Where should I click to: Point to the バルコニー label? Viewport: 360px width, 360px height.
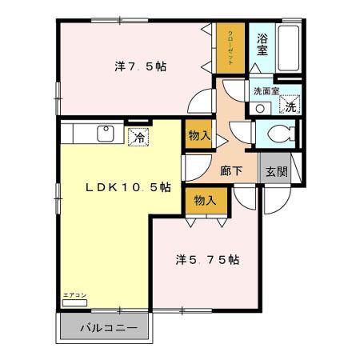[107, 327]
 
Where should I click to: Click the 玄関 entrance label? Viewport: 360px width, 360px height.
[277, 170]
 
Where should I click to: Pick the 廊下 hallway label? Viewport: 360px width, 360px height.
[232, 170]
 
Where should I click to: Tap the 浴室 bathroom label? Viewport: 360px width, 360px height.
[262, 44]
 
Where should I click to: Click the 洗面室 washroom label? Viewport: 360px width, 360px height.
[266, 91]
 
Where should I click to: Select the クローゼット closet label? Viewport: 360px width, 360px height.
[230, 46]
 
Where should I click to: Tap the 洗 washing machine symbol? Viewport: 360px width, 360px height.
[290, 106]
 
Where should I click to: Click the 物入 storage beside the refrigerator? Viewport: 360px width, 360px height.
[199, 137]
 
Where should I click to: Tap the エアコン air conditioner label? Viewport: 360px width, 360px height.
[74, 297]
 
